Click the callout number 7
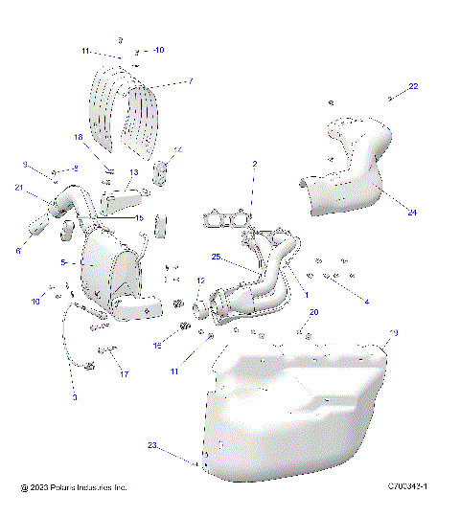[x=190, y=81]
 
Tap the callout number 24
[x=385, y=213]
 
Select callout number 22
[x=413, y=87]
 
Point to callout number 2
[x=254, y=165]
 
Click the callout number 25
[x=216, y=258]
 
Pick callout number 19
[x=392, y=333]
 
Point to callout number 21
[x=18, y=188]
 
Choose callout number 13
[x=134, y=172]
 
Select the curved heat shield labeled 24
[x=345, y=182]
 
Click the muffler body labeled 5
[x=110, y=268]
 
